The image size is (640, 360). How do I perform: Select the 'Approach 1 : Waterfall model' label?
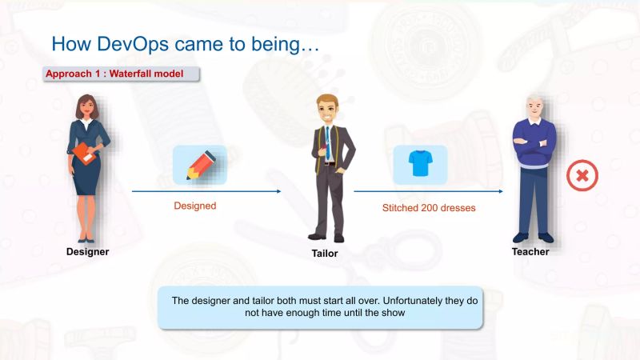[114, 74]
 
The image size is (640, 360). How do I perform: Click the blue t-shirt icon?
[419, 164]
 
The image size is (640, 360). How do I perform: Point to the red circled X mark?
[582, 175]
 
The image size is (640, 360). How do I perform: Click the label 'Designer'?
[87, 252]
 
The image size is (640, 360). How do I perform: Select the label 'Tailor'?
[324, 254]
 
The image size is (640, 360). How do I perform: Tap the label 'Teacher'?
[530, 252]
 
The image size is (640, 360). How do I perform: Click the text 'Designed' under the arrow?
[195, 206]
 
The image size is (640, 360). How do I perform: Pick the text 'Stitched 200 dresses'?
[428, 208]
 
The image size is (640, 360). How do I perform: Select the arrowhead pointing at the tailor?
[278, 191]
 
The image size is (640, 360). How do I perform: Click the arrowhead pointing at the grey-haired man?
[500, 191]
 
